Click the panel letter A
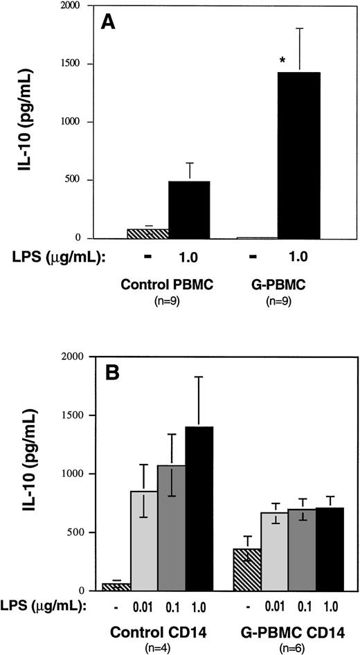108,22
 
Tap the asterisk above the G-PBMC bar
282,62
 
